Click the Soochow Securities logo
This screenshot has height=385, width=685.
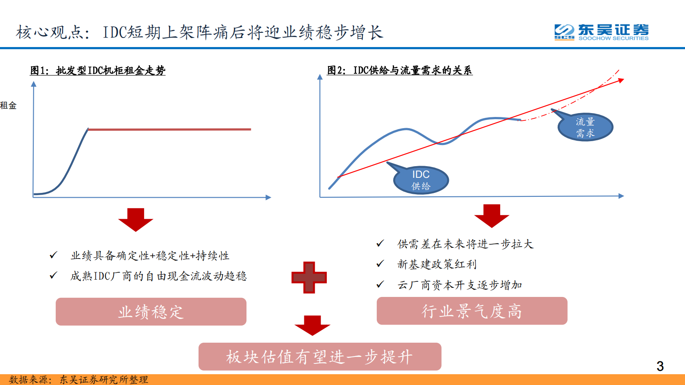tap(601, 32)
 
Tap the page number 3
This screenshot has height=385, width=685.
tap(660, 366)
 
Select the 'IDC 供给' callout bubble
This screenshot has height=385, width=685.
tap(421, 180)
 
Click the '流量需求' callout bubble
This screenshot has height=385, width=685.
tap(585, 127)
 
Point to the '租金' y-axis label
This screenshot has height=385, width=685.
tap(8, 105)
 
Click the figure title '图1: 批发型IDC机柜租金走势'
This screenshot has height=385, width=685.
tap(98, 70)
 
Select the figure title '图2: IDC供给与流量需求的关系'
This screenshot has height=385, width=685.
tap(400, 70)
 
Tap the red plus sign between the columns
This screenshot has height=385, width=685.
tap(309, 277)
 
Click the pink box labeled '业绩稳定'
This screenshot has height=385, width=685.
tap(151, 312)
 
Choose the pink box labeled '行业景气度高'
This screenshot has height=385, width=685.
tap(472, 311)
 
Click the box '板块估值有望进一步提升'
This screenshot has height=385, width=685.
tap(320, 357)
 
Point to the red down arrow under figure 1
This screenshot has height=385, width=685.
tap(136, 219)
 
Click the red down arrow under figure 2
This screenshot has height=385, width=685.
tap(492, 215)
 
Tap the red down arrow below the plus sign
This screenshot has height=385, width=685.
tap(312, 325)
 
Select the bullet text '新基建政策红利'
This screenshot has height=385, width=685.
tap(437, 264)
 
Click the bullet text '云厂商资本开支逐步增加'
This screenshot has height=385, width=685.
tap(460, 285)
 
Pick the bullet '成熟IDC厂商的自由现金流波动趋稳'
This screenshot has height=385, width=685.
tap(158, 276)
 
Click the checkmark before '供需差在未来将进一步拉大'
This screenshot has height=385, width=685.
tap(380, 244)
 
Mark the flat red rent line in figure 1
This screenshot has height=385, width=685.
tap(169, 129)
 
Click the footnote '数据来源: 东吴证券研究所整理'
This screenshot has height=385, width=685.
tap(79, 379)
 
